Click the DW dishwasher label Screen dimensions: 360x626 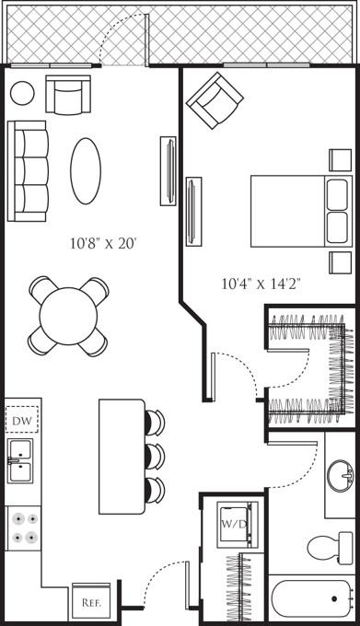pos(21,421)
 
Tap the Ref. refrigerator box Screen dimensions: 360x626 pos(91,602)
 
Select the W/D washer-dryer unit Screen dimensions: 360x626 pos(238,524)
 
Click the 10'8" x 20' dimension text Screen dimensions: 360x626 pos(103,243)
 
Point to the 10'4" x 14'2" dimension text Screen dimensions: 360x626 pos(261,284)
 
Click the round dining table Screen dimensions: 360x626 pos(68,316)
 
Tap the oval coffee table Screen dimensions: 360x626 pos(86,171)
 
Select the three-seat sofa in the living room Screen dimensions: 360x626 pos(28,171)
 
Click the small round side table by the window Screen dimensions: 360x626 pos(22,93)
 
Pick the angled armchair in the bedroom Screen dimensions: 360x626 pos(215,100)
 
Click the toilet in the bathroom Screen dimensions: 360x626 pos(330,548)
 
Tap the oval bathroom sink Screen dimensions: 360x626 pos(340,476)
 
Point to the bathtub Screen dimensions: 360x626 pos(312,600)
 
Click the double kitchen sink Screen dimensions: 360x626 pos(20,461)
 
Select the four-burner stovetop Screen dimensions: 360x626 pos(24,528)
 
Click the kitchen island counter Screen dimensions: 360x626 pos(122,457)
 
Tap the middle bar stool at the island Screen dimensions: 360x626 pos(155,457)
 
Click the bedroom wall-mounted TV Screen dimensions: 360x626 pos(193,212)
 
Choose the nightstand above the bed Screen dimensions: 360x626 pos(341,160)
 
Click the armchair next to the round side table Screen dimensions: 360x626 pos(68,95)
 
